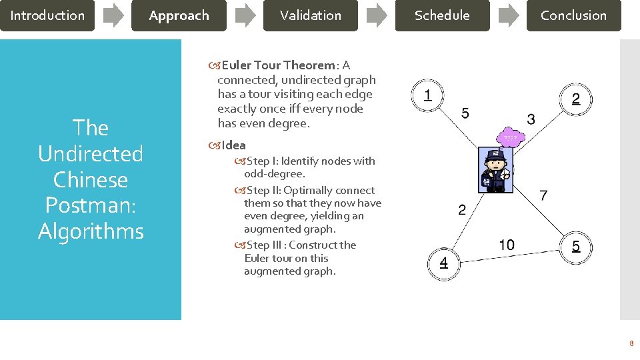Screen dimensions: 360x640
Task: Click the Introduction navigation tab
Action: click(x=47, y=15)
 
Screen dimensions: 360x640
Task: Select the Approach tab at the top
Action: click(x=179, y=15)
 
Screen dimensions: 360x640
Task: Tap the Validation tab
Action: click(x=310, y=15)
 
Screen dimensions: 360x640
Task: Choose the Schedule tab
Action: click(x=442, y=15)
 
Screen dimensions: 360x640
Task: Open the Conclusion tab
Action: click(x=573, y=15)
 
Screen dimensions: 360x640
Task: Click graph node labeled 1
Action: click(x=427, y=96)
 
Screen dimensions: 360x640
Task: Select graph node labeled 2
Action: click(x=576, y=99)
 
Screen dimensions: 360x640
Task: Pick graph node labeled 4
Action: click(x=443, y=263)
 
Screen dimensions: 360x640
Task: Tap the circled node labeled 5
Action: click(x=576, y=247)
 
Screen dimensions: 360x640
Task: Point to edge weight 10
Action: click(x=507, y=245)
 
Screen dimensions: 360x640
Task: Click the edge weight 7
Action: click(x=544, y=195)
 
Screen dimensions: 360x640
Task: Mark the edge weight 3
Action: click(x=531, y=120)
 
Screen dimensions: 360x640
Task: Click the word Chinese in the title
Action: click(x=91, y=180)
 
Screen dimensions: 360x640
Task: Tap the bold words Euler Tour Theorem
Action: click(x=279, y=65)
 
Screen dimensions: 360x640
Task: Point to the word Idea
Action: click(x=233, y=145)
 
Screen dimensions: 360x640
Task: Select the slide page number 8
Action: click(x=631, y=344)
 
